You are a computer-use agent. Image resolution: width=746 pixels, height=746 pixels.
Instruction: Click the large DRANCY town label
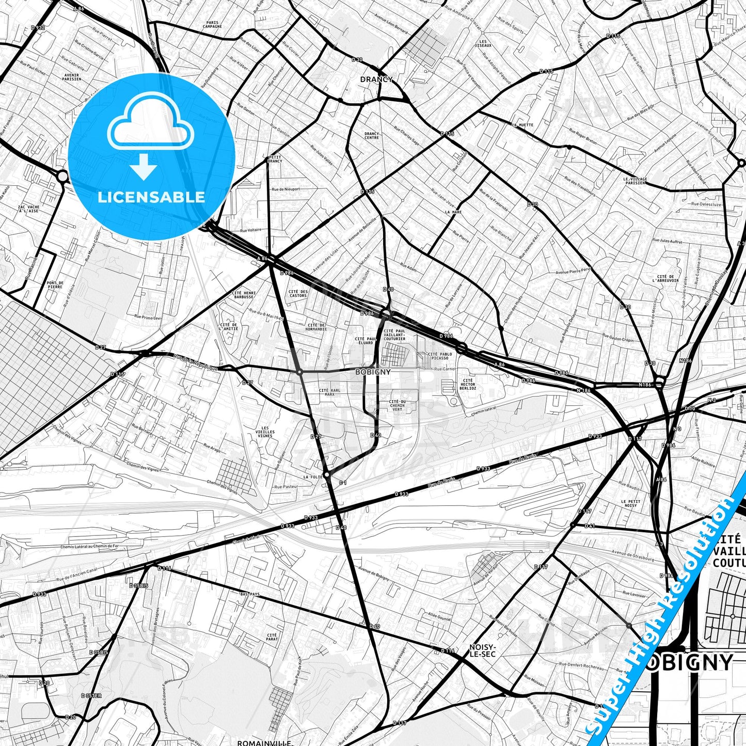click(x=376, y=80)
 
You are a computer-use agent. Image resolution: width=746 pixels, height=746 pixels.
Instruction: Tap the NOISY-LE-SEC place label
click(x=483, y=650)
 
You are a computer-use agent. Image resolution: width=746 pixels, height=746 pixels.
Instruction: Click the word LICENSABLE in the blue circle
click(x=151, y=197)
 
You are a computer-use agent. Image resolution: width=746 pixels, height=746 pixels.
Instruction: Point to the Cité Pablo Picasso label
click(x=440, y=356)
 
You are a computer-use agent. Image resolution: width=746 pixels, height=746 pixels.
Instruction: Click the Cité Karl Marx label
click(x=330, y=392)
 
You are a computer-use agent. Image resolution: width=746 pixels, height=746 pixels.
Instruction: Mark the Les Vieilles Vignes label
click(x=265, y=432)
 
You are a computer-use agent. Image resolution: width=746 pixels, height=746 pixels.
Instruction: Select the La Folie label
click(x=313, y=477)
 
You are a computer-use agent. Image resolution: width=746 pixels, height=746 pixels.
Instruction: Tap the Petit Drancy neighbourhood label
click(x=275, y=158)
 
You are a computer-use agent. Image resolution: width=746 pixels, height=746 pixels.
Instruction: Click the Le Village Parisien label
click(x=635, y=180)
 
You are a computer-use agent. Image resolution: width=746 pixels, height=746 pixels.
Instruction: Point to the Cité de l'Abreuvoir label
click(x=665, y=278)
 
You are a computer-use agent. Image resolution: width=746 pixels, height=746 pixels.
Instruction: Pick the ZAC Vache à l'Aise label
click(x=29, y=209)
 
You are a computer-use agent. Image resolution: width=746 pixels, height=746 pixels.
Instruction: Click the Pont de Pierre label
click(x=55, y=284)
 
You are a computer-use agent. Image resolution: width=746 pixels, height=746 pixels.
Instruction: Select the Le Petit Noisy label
click(x=630, y=503)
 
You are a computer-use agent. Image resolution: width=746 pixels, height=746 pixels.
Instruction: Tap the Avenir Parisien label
click(x=71, y=77)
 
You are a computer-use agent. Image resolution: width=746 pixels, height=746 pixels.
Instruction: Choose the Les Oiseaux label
click(x=483, y=43)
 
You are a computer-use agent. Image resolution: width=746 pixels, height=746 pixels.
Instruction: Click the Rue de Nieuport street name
click(x=285, y=189)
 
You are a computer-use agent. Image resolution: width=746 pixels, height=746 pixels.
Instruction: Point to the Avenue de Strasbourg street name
click(x=633, y=555)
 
